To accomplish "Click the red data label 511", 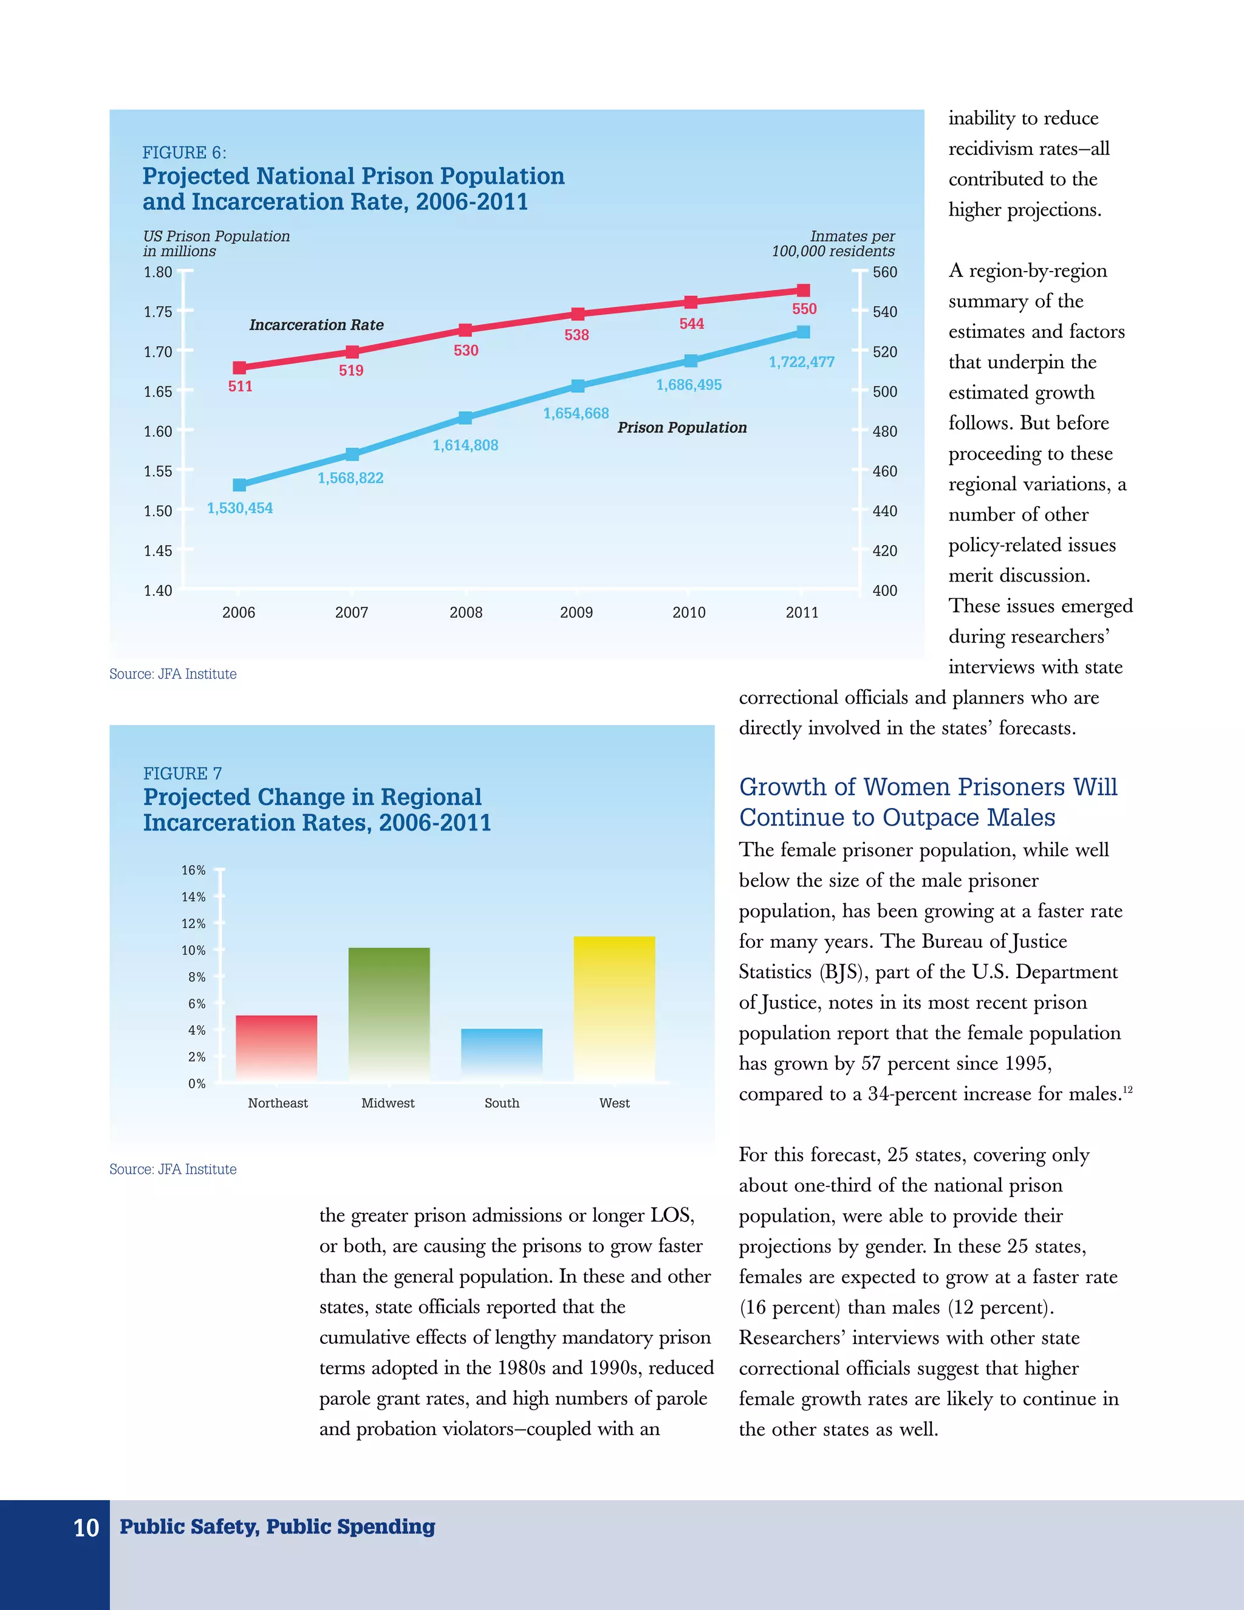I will (241, 386).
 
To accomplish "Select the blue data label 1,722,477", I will (801, 362).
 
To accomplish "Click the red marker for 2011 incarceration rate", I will (803, 290).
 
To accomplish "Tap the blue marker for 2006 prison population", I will (239, 485).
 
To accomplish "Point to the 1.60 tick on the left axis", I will (158, 431).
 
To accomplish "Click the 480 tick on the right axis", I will (884, 431).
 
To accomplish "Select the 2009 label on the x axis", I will (576, 612).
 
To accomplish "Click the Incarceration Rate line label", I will (316, 325).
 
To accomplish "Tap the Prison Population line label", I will (682, 428).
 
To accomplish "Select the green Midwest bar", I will (388, 1015).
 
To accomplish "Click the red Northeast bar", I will (276, 1048).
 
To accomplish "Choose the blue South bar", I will (501, 1055).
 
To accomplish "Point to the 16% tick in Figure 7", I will (194, 871).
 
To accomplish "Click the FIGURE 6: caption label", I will (184, 152).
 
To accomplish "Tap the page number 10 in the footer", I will (86, 1528).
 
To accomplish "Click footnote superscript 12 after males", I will (1127, 1089).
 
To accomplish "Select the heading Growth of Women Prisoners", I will (928, 802).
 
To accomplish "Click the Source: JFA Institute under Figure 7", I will (173, 1169).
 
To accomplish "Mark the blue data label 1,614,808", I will (465, 445).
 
